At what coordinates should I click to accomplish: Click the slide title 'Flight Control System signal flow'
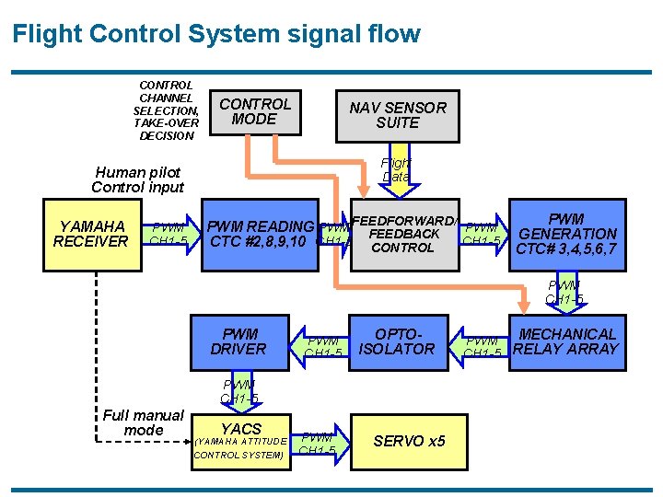[x=216, y=35]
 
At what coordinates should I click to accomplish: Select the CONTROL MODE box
[x=254, y=111]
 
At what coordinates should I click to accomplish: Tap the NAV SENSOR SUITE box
[x=397, y=115]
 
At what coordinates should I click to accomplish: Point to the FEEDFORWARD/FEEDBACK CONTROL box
[x=403, y=237]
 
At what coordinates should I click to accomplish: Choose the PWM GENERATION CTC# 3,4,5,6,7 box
[x=565, y=235]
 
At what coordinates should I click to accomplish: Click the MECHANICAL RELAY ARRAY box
[x=565, y=341]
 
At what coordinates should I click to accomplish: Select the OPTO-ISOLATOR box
[x=397, y=341]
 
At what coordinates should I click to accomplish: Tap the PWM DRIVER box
[x=238, y=341]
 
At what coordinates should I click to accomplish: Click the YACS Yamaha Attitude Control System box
[x=240, y=439]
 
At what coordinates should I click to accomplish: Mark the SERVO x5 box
[x=408, y=441]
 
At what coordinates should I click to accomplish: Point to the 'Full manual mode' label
[x=143, y=422]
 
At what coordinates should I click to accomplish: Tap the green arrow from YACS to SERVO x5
[x=321, y=443]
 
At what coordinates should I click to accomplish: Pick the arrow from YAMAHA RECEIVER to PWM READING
[x=169, y=235]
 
